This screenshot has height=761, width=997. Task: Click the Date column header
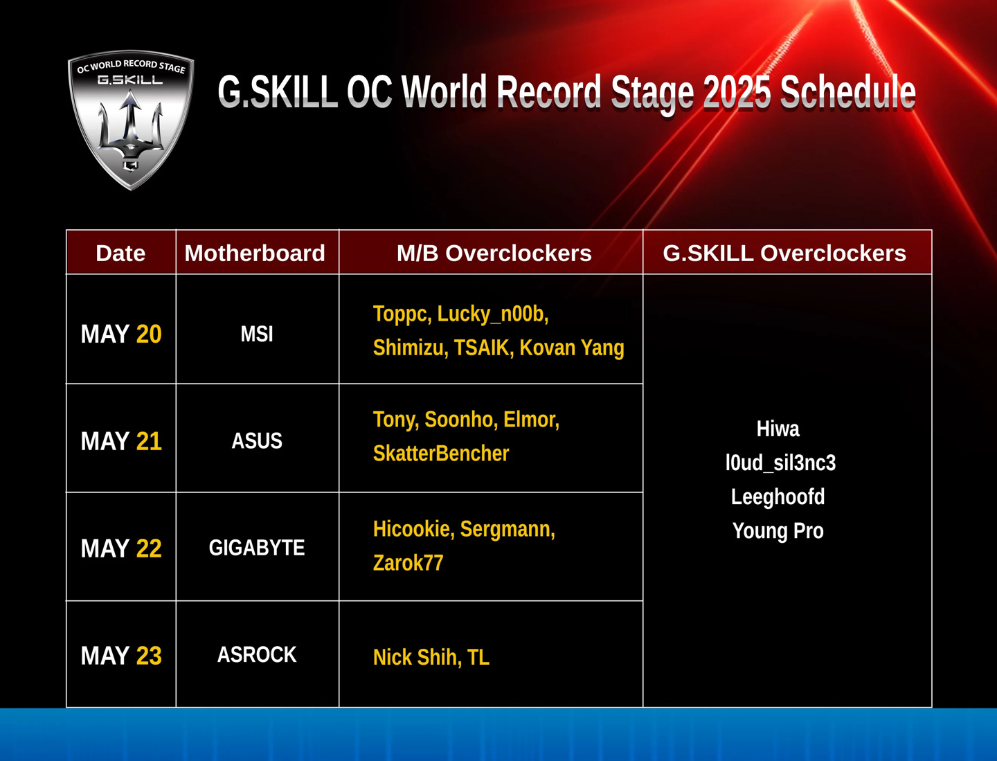click(x=120, y=253)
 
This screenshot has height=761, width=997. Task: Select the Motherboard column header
click(x=255, y=253)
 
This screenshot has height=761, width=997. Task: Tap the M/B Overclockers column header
click(x=494, y=253)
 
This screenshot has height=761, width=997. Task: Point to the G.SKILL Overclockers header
click(x=784, y=253)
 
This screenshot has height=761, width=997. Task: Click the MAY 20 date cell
click(x=121, y=334)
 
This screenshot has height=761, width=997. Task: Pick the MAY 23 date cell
click(x=121, y=656)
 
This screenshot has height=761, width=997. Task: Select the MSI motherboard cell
click(x=257, y=334)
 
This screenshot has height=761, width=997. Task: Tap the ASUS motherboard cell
click(x=257, y=441)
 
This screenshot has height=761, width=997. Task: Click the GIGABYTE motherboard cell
click(x=257, y=548)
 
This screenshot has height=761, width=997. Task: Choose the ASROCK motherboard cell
click(x=257, y=655)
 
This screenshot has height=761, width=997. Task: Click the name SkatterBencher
click(x=440, y=453)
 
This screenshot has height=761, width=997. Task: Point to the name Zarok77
click(x=408, y=563)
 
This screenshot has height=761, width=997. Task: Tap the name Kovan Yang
click(x=572, y=348)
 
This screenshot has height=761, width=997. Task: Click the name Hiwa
click(x=778, y=429)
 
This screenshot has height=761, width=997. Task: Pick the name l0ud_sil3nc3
click(x=780, y=463)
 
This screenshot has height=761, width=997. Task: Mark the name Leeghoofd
click(x=778, y=496)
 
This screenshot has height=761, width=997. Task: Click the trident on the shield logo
click(x=131, y=127)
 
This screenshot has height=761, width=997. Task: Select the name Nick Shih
click(x=415, y=657)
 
